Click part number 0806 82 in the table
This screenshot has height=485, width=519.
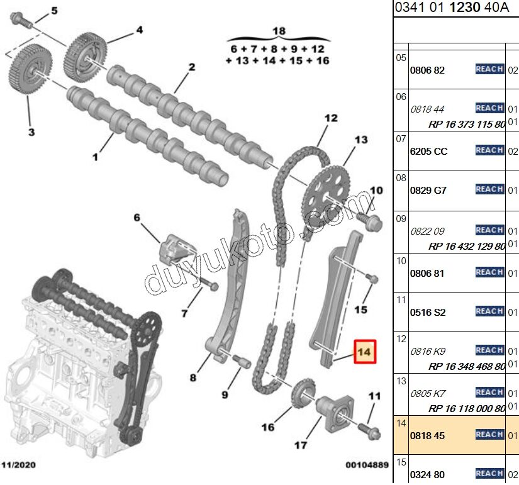coord(427,70)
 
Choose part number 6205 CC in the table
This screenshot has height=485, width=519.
coord(428,152)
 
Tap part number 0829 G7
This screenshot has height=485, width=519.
coord(428,190)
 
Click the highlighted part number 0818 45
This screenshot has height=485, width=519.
coord(428,435)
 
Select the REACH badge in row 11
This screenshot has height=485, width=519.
coord(489,311)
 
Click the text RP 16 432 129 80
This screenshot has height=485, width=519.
coord(467,246)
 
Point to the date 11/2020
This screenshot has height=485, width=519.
coord(18,465)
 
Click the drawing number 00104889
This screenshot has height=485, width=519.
coord(367,465)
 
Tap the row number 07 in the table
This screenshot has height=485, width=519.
coord(401,138)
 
